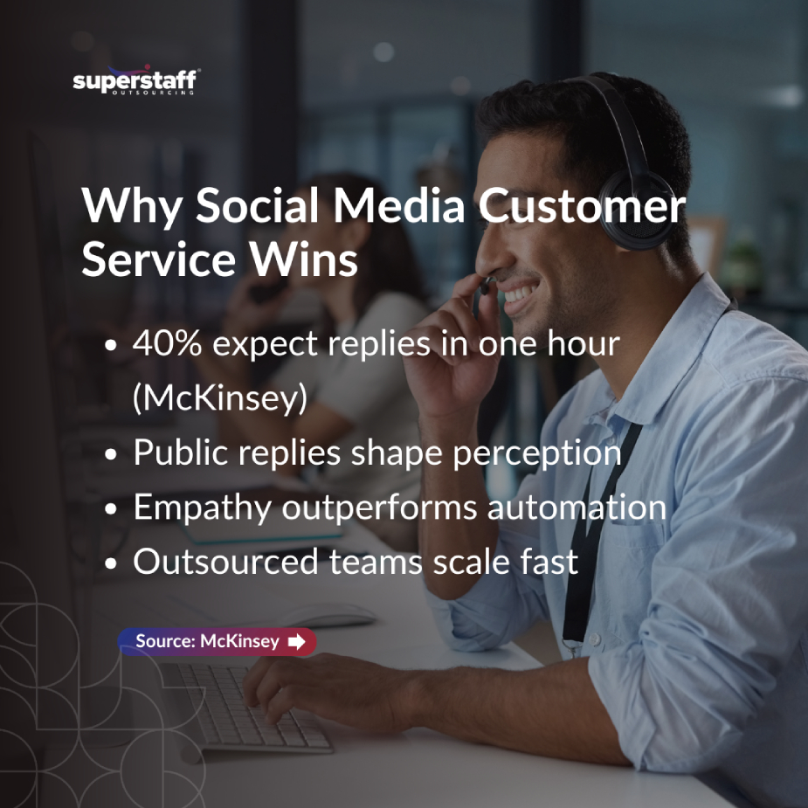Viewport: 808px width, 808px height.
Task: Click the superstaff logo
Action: click(136, 80)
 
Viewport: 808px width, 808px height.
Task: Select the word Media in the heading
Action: click(399, 205)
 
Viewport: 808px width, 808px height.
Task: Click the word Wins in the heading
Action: click(303, 259)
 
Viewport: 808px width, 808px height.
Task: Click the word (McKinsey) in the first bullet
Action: click(220, 398)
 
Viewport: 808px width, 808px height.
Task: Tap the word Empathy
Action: click(203, 508)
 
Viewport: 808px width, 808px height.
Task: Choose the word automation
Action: click(577, 507)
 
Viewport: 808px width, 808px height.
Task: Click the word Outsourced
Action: click(225, 561)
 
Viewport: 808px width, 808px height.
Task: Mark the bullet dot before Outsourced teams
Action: click(111, 563)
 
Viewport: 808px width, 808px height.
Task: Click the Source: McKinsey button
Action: click(217, 641)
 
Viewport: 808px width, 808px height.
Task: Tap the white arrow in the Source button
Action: click(296, 641)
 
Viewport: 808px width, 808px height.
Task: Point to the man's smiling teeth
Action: click(519, 294)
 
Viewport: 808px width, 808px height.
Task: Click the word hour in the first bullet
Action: click(584, 342)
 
